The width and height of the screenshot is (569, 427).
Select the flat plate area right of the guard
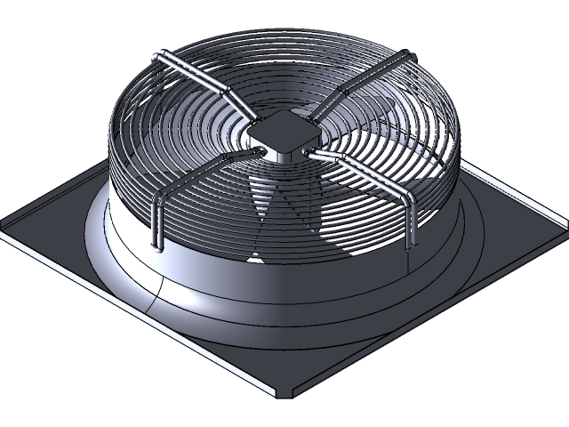498,222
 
